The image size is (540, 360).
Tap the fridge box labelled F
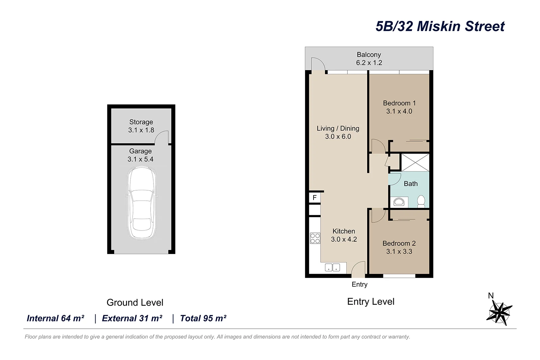click(x=315, y=198)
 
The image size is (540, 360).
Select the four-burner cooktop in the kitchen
click(x=315, y=238)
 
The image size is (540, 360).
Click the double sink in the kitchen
click(x=332, y=268)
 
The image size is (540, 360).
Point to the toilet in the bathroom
click(x=421, y=201)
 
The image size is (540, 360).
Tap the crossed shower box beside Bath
click(x=415, y=162)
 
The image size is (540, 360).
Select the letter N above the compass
click(x=491, y=296)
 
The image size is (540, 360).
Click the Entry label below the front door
click(x=359, y=284)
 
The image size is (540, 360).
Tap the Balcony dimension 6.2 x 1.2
click(x=369, y=63)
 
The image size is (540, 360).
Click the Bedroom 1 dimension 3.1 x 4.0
click(x=399, y=111)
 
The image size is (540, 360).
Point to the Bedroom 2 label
click(x=399, y=243)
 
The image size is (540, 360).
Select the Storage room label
click(x=141, y=122)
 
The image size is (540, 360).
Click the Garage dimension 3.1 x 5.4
click(x=140, y=159)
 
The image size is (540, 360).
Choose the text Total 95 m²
click(x=203, y=318)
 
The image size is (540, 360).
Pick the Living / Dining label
click(x=338, y=129)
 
